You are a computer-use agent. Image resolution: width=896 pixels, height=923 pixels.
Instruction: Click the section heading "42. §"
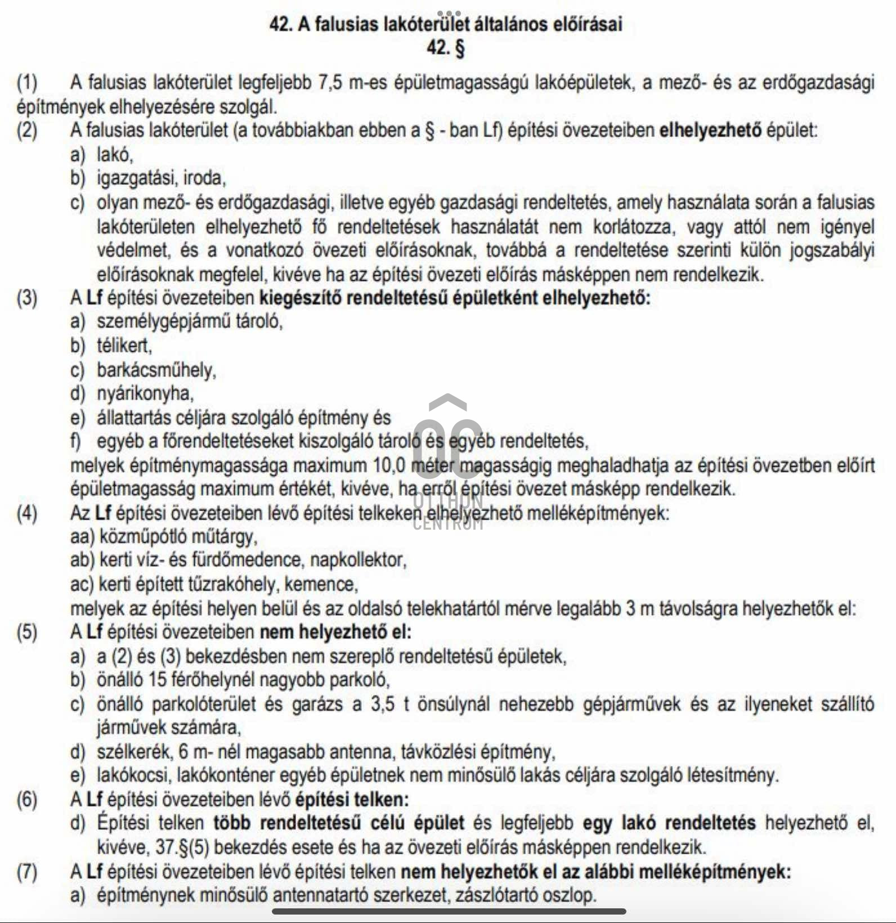pos(446,49)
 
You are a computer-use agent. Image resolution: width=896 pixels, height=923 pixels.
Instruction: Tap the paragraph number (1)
pos(27,83)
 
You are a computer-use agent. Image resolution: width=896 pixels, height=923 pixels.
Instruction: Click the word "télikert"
pos(124,345)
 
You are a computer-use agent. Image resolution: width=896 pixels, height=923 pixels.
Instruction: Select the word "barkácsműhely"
pos(156,370)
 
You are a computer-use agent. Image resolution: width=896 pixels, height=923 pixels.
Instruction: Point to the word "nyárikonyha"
pos(145,393)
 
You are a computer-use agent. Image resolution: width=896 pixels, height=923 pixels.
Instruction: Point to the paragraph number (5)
pos(27,632)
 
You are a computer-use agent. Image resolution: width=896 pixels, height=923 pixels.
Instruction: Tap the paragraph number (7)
pos(27,872)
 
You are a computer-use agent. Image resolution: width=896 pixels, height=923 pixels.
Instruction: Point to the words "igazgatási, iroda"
pos(161,178)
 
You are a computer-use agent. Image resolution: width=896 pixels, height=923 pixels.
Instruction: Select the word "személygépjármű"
pos(160,321)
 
